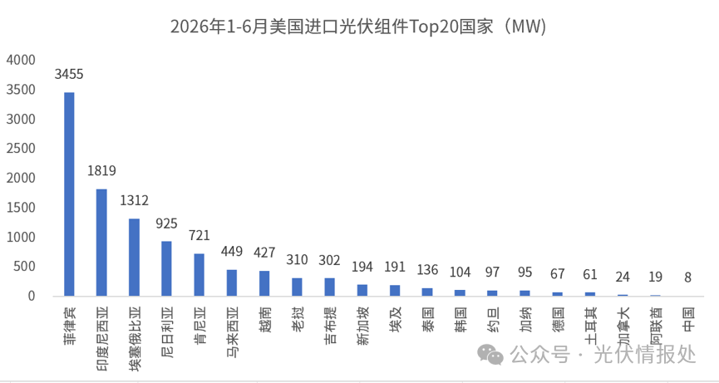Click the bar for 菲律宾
tap(69, 194)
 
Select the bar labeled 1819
tap(101, 243)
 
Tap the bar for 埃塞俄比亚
tap(135, 257)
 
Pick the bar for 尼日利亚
tap(166, 268)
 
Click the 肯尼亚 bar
tap(199, 274)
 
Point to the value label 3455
tap(69, 74)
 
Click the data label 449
tap(232, 251)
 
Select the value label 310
tap(297, 260)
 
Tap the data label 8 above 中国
tap(687, 277)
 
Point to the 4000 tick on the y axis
tap(21, 60)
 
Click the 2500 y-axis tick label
tap(21, 149)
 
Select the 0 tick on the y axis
tap(32, 296)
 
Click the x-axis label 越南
tap(264, 319)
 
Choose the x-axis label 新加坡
tap(362, 326)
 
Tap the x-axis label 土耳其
tap(590, 326)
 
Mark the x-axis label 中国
tap(687, 319)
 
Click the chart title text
tap(358, 27)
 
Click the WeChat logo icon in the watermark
tap(490, 355)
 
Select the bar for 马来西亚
tap(232, 282)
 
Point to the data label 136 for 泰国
tap(427, 270)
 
